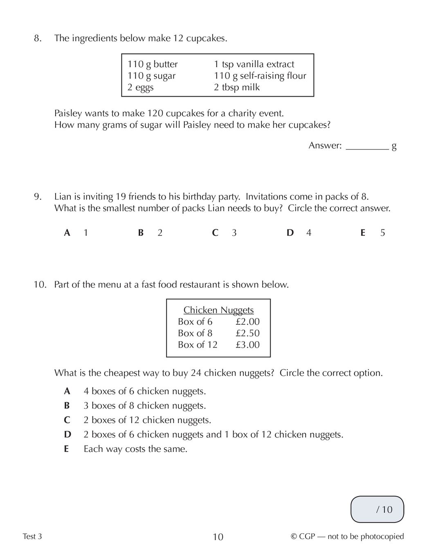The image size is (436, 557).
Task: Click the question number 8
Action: (x=37, y=38)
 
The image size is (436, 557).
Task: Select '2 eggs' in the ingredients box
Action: (x=140, y=87)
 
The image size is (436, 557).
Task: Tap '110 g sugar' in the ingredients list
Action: (x=151, y=76)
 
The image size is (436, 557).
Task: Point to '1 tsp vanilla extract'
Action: (x=254, y=64)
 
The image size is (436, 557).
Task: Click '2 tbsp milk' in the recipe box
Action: (x=236, y=87)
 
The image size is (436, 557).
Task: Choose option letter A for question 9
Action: (x=67, y=233)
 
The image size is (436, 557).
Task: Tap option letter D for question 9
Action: (x=290, y=233)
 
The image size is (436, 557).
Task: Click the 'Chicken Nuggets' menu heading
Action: (x=218, y=310)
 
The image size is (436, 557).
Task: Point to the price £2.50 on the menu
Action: (x=247, y=333)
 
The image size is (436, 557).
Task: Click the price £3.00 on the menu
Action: (x=247, y=344)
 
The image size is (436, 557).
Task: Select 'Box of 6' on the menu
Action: (x=195, y=322)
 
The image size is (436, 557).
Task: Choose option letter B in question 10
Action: (x=67, y=406)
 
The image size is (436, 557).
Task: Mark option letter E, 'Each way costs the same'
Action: (x=66, y=449)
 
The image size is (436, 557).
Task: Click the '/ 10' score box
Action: (x=377, y=509)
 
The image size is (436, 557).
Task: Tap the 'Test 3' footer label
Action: (x=32, y=537)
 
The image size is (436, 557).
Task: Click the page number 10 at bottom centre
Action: (x=218, y=537)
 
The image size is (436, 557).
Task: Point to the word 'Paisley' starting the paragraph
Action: (x=68, y=113)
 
